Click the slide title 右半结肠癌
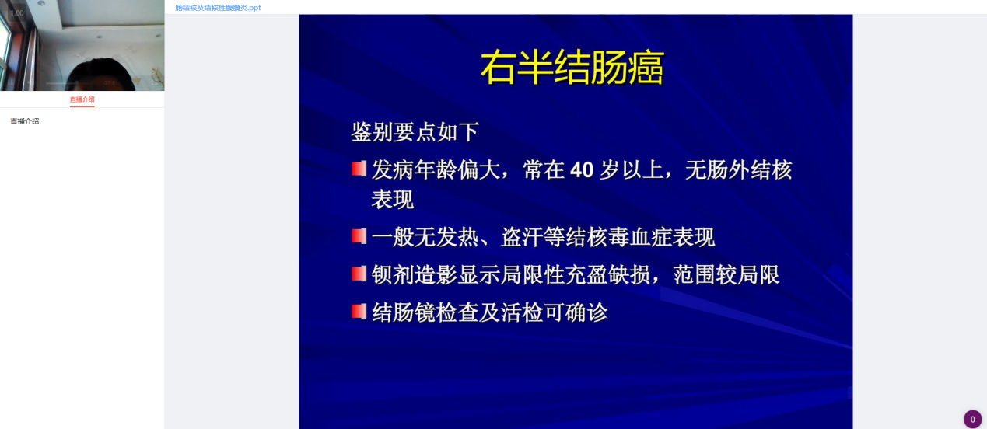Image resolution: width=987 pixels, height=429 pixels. coord(572,68)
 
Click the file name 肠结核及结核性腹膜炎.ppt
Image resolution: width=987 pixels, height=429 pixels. coord(218,8)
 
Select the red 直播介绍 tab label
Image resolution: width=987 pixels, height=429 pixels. coord(82,99)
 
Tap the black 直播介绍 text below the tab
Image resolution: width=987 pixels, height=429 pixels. coord(25,121)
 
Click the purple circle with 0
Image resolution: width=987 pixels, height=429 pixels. coord(972,419)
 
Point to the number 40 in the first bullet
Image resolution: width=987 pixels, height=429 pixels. coord(582,170)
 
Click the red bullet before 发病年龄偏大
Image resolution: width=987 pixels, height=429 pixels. coord(359,169)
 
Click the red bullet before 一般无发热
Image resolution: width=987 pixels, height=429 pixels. coord(359,236)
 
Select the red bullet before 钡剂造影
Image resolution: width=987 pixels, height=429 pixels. coord(359,274)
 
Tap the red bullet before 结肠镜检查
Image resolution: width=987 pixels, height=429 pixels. coord(359,312)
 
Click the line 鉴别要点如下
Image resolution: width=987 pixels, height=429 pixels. coord(415,131)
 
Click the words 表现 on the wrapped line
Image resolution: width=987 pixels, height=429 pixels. coord(393,200)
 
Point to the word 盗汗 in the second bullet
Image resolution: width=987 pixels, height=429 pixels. coord(522,237)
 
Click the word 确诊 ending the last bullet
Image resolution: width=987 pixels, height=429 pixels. coord(586,312)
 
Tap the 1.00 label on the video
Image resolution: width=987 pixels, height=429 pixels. coord(17,12)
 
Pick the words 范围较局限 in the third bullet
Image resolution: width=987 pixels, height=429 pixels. coord(726,275)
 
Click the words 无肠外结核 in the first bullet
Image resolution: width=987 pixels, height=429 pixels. coord(738,170)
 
